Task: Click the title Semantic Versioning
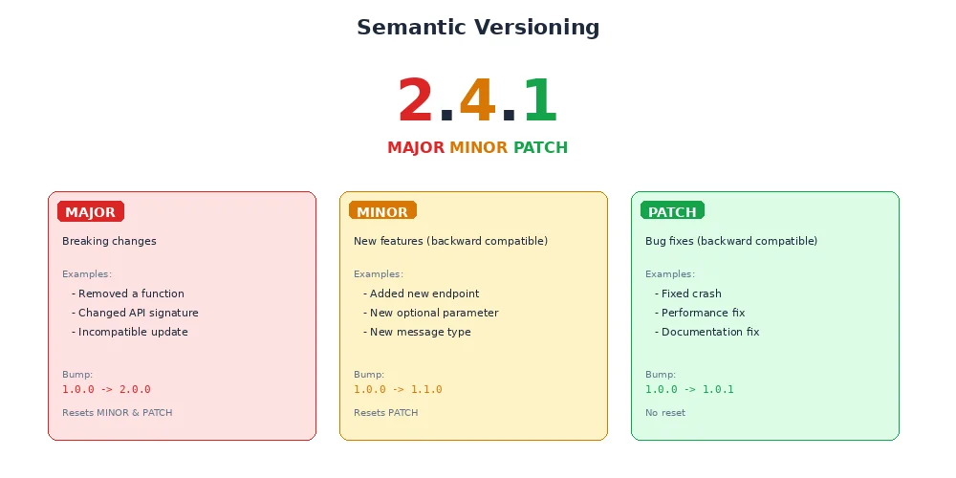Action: tap(478, 28)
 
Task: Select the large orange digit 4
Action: tap(477, 101)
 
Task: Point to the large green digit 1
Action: tap(539, 101)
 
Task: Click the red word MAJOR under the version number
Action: tap(416, 148)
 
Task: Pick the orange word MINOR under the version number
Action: tap(478, 148)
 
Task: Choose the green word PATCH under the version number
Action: tap(540, 148)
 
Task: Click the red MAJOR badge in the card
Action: tap(91, 212)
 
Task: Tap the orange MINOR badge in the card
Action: tap(382, 212)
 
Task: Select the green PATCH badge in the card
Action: tap(672, 212)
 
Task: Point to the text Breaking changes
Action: tap(109, 242)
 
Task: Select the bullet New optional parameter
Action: tap(431, 314)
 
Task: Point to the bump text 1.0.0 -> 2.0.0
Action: tap(106, 390)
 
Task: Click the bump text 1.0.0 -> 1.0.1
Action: tap(689, 390)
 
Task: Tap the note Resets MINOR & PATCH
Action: tap(117, 413)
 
